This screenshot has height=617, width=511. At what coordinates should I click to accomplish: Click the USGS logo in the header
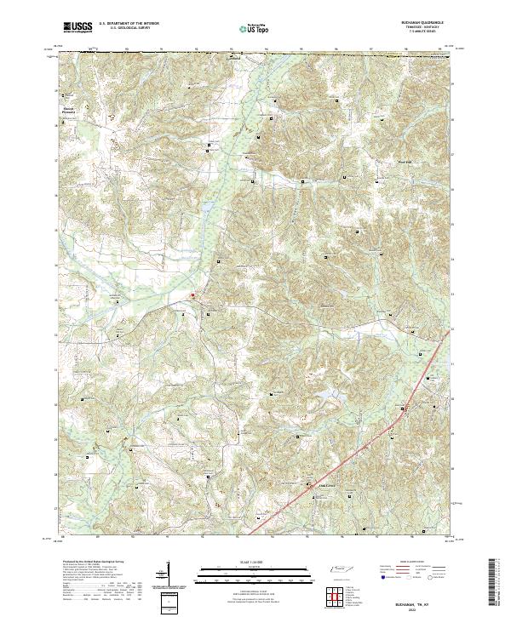78,27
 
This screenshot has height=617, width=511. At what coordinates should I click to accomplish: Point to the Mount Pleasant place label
72,109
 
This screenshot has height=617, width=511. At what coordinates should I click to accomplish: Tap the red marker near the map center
192,296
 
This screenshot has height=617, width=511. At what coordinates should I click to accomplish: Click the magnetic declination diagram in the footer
167,574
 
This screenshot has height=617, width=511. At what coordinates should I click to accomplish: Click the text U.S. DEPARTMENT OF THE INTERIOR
129,23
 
